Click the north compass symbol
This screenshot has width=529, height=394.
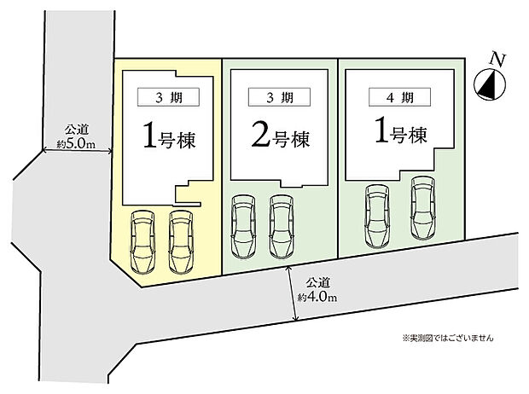[x=490, y=84]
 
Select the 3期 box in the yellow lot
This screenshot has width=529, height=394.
[x=168, y=97]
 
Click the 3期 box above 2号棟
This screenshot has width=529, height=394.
[x=279, y=97]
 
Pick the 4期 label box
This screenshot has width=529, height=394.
[x=399, y=97]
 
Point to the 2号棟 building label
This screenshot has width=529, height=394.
[x=281, y=136]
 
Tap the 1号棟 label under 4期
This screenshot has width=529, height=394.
[x=401, y=133]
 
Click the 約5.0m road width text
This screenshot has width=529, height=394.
[x=76, y=144]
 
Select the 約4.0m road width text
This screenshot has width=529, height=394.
[x=317, y=297]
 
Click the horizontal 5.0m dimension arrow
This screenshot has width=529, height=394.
[x=77, y=152]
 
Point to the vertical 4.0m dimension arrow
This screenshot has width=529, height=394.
[x=292, y=293]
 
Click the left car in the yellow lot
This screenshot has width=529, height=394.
[x=142, y=242]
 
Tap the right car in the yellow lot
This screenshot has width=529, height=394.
[x=181, y=242]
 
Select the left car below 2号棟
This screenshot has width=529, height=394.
[x=243, y=227]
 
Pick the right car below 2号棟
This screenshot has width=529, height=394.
[x=282, y=227]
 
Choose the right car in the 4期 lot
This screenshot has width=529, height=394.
[x=423, y=208]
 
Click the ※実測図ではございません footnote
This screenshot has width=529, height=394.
[x=448, y=338]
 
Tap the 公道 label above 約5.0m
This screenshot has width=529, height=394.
[x=77, y=130]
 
